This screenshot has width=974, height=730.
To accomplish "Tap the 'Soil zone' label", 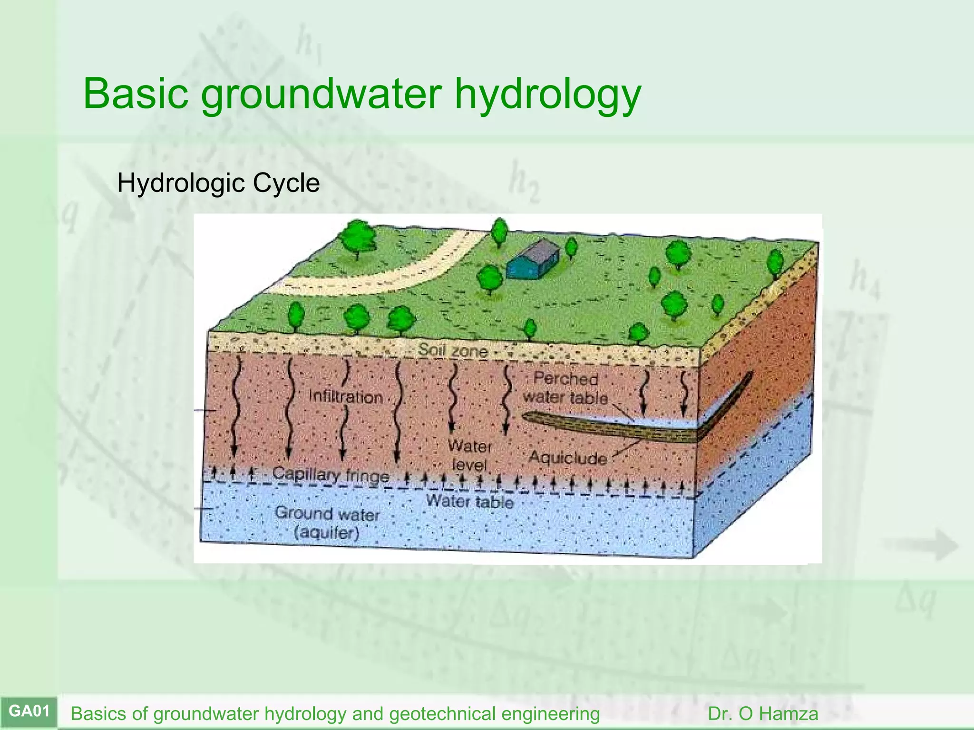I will (453, 351).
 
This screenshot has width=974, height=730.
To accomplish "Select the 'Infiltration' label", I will (346, 397).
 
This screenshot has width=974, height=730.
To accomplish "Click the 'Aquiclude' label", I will (567, 458).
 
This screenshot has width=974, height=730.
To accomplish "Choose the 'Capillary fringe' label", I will (331, 474).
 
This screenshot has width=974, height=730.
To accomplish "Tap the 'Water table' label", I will (469, 501).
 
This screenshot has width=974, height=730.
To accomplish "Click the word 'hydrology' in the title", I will (547, 94).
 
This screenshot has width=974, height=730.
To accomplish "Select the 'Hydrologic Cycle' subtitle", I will (218, 183).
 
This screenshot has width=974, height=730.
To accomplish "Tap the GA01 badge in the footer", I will (29, 711).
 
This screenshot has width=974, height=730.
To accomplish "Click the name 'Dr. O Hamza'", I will (763, 714).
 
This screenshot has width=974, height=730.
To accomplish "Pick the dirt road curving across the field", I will (380, 276).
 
